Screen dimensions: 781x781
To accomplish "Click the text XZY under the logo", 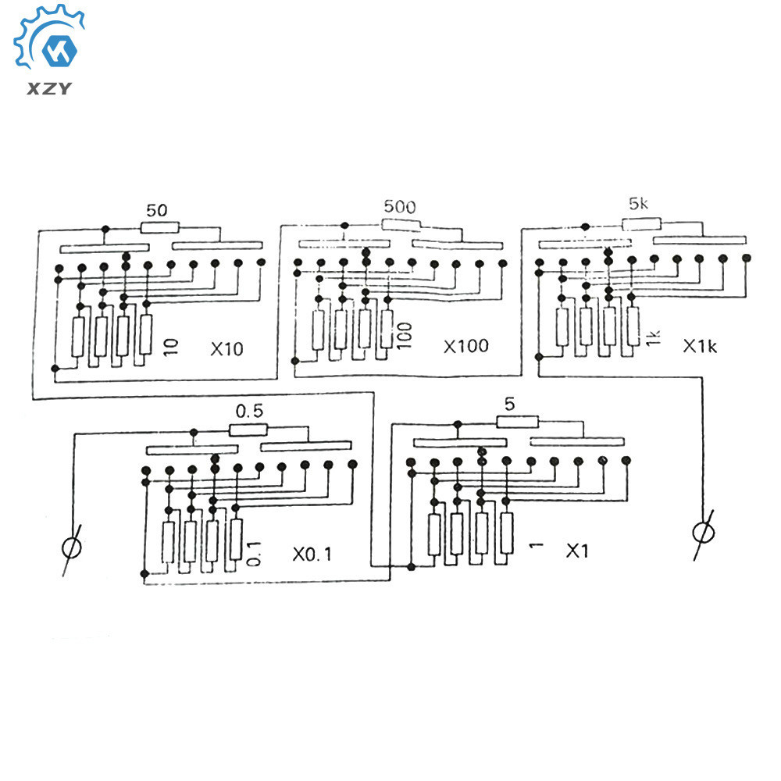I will click(x=50, y=87).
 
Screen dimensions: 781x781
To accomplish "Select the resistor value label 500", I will click(x=400, y=207).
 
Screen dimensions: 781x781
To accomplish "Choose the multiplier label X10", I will click(x=226, y=348).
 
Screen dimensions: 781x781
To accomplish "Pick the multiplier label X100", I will click(x=466, y=345).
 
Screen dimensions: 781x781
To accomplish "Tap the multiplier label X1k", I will click(x=700, y=345).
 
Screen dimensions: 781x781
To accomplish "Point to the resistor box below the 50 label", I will click(x=160, y=227).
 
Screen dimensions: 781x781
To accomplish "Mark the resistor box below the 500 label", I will click(x=401, y=224).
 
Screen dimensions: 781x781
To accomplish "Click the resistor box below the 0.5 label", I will click(x=248, y=428).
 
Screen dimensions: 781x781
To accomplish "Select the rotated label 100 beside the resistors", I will click(x=403, y=333).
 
